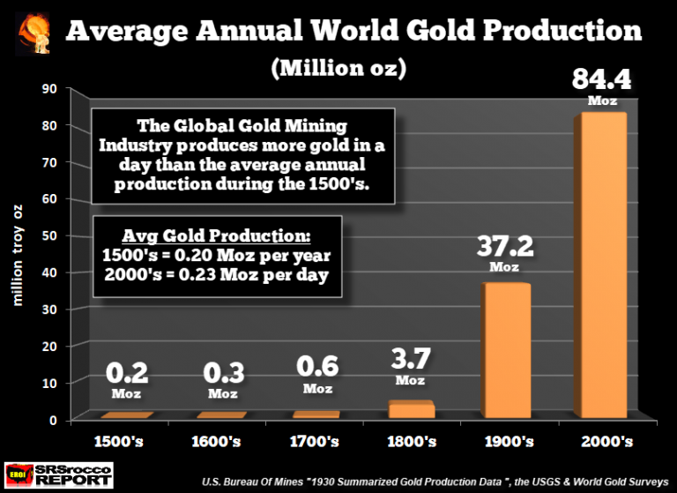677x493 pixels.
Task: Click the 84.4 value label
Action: pyautogui.click(x=603, y=81)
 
